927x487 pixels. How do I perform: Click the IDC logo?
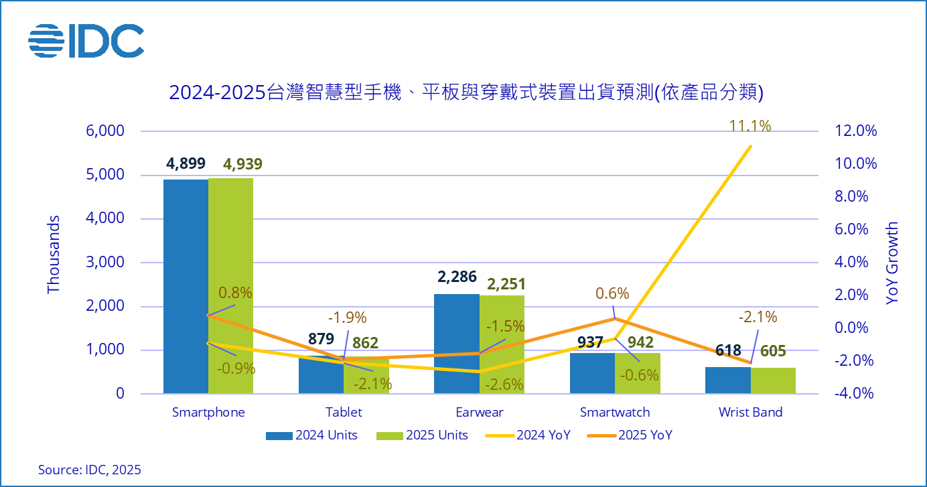tap(86, 41)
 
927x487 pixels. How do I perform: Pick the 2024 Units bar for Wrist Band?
tap(728, 380)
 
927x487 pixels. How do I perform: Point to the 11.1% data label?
tap(751, 125)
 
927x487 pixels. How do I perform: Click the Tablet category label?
tap(344, 412)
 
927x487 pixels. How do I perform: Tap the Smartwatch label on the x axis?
tap(615, 412)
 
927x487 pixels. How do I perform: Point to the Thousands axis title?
tap(54, 255)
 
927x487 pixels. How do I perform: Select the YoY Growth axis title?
tap(892, 264)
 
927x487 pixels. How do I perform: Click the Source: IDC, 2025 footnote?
tap(90, 470)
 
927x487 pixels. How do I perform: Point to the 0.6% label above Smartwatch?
tap(612, 293)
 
